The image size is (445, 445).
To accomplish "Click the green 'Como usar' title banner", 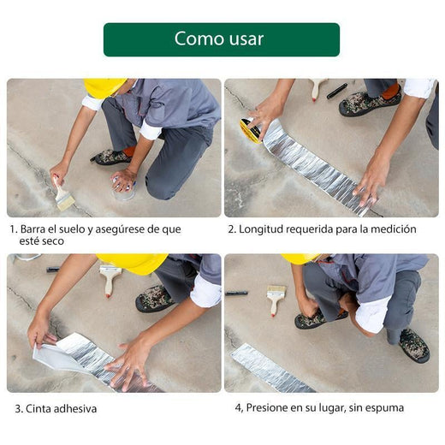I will pos(222,39).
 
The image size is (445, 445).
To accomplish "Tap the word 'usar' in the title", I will pos(246,39).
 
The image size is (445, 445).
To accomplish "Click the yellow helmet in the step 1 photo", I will pos(104,87).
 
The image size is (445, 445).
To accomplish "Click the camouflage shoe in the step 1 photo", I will pos(111,157).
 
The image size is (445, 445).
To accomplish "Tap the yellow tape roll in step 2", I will pos(251,130).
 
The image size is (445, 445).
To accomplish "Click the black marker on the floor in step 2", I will pos(336,91).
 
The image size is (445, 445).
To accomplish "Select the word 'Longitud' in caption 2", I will pos(263,229).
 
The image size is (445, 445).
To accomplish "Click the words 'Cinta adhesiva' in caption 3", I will pos(60,409).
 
